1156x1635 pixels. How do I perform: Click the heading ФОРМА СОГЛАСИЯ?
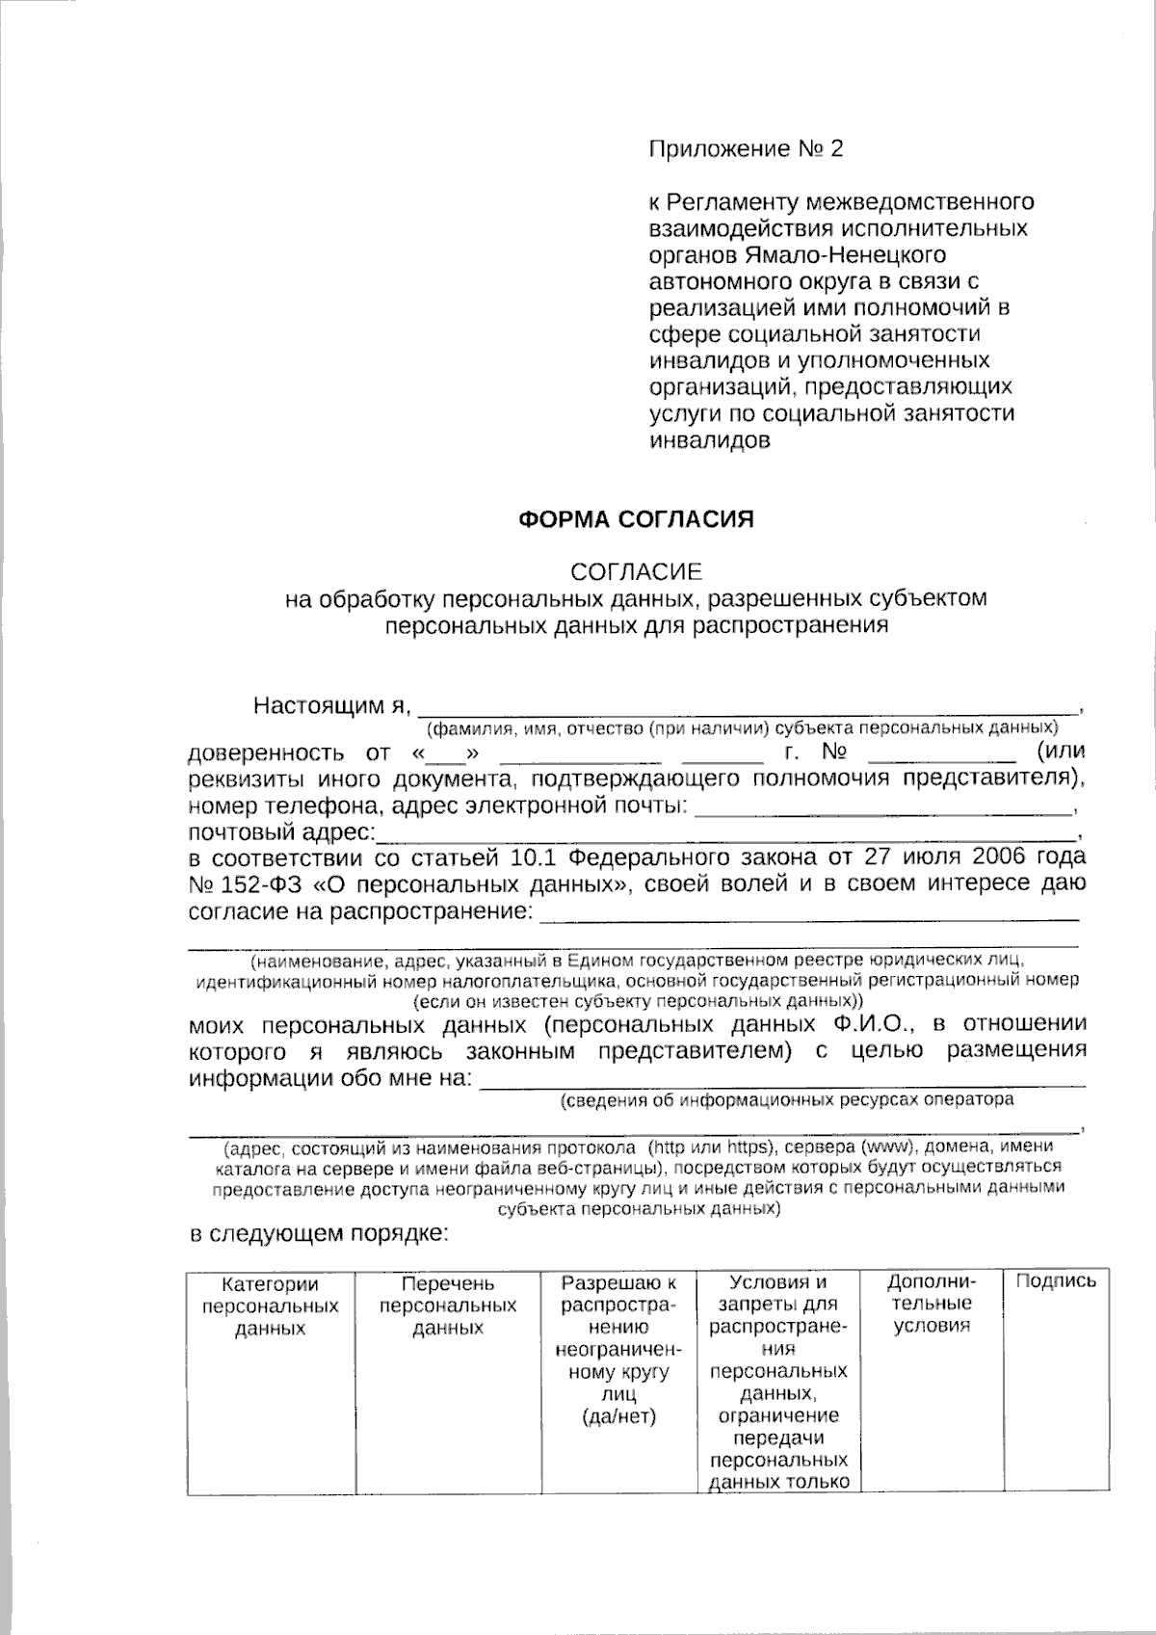click(x=636, y=520)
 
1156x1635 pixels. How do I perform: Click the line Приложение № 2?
click(x=746, y=149)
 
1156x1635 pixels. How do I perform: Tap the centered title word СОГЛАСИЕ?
click(x=636, y=571)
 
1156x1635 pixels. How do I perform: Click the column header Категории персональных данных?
click(x=270, y=1305)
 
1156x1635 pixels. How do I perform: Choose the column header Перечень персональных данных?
click(x=448, y=1305)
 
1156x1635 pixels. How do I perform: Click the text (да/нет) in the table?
click(x=619, y=1416)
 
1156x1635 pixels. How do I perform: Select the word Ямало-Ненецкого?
click(x=844, y=255)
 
